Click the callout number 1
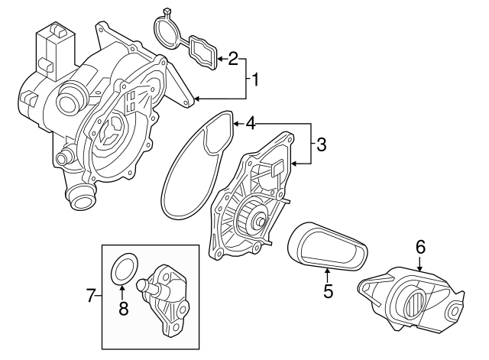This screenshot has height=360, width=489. pyautogui.click(x=257, y=79)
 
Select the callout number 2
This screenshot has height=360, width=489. pyautogui.click(x=233, y=58)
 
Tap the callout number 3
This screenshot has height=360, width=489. pyautogui.click(x=322, y=144)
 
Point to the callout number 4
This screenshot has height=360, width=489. pyautogui.click(x=249, y=122)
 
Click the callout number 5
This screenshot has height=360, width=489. pyautogui.click(x=327, y=290)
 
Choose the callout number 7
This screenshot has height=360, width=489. pyautogui.click(x=90, y=295)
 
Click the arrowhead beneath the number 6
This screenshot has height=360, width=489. pyautogui.click(x=419, y=268)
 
